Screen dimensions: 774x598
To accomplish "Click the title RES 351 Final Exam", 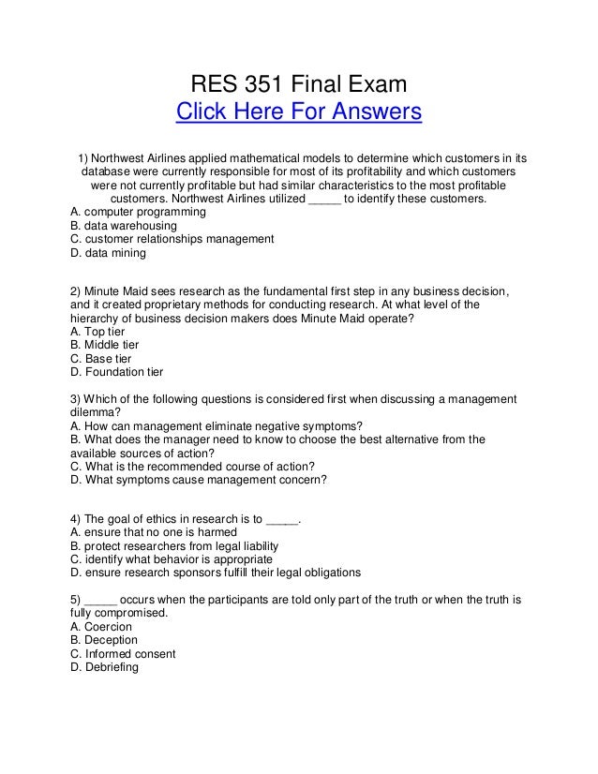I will (299, 87).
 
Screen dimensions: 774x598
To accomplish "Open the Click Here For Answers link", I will (299, 114).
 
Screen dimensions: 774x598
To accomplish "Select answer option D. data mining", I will (109, 253).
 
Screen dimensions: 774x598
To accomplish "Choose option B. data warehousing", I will (124, 226).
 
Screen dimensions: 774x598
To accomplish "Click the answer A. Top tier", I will (97, 331).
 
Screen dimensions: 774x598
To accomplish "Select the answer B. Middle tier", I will (104, 344).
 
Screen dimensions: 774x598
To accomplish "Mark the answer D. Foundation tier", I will (117, 371).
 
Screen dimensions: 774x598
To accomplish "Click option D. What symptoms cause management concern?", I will (199, 482).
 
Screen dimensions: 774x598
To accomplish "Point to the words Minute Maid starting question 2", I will (119, 290).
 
